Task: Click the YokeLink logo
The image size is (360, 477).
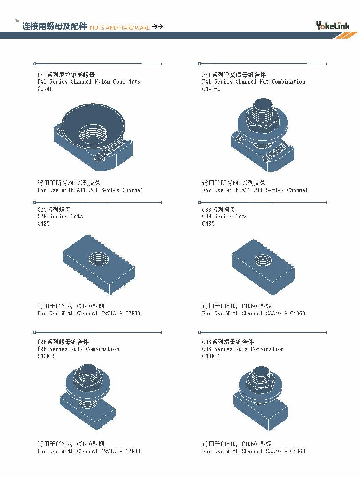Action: click(x=333, y=25)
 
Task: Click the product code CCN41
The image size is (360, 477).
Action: click(x=45, y=89)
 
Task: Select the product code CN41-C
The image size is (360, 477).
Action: click(x=211, y=89)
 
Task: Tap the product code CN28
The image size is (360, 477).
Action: click(x=43, y=224)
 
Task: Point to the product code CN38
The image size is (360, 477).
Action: click(x=208, y=224)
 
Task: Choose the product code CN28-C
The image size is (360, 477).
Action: click(x=47, y=356)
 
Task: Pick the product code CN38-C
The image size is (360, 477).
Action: click(x=211, y=356)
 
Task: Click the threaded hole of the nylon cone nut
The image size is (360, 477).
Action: click(x=93, y=134)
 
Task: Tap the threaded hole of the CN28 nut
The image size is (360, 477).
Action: click(x=99, y=259)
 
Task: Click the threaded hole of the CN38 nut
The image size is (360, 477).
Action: click(x=263, y=260)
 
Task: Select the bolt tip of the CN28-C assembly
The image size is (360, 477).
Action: click(x=87, y=369)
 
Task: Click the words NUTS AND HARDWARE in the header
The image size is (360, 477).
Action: click(x=120, y=28)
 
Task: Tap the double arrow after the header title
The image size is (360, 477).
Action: click(x=158, y=27)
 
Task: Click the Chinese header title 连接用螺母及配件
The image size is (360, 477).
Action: click(x=55, y=26)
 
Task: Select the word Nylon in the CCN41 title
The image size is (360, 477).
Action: click(x=102, y=82)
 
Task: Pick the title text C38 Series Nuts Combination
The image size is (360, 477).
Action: click(x=243, y=349)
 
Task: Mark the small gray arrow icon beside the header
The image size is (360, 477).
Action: click(x=17, y=21)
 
